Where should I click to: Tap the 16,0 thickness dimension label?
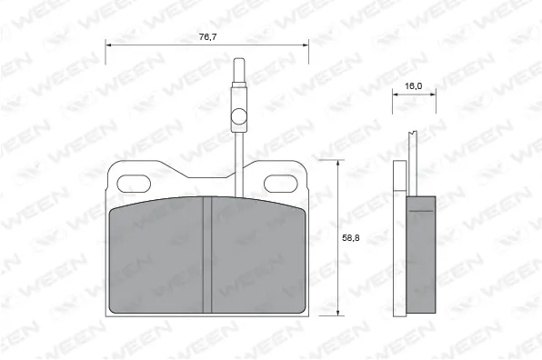(413, 85)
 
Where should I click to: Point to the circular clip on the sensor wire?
(238, 116)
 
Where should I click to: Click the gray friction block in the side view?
(419, 255)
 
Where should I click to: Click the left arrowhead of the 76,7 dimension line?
(109, 45)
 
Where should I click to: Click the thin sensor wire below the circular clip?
(238, 159)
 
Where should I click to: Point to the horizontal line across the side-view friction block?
(419, 211)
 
